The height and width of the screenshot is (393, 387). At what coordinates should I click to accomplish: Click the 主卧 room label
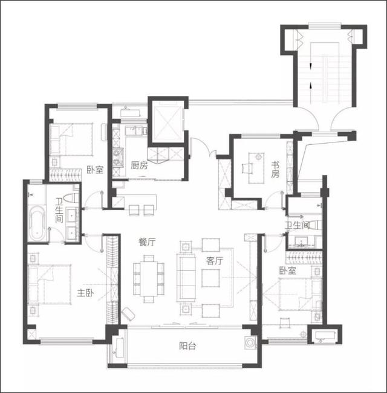[86, 293]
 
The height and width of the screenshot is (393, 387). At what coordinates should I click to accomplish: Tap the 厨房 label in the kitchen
[139, 165]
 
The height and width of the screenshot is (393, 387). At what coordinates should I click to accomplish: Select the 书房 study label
[275, 170]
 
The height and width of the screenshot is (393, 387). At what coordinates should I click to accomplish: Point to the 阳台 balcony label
[187, 346]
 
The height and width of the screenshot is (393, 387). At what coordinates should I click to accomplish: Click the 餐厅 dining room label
[148, 242]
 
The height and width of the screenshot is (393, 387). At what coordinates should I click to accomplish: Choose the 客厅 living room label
[214, 261]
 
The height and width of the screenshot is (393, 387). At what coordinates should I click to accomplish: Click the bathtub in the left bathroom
[37, 223]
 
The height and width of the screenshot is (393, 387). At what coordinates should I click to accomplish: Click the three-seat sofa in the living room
[186, 278]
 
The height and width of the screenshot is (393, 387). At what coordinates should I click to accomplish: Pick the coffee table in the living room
[210, 278]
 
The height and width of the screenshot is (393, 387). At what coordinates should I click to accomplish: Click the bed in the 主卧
[49, 284]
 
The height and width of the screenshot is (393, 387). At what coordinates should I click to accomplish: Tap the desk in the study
[256, 168]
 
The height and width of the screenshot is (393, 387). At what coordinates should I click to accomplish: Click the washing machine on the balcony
[250, 343]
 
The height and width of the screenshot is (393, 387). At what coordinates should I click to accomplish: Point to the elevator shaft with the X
[167, 123]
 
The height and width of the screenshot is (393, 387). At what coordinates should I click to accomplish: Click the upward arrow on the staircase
[311, 86]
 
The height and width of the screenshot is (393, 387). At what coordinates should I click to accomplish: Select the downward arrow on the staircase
[311, 66]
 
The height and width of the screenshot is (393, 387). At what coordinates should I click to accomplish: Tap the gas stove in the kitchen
[118, 158]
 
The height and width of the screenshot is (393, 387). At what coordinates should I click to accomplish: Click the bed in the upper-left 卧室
[71, 139]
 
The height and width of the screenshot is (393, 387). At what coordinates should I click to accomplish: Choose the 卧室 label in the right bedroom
[288, 270]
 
